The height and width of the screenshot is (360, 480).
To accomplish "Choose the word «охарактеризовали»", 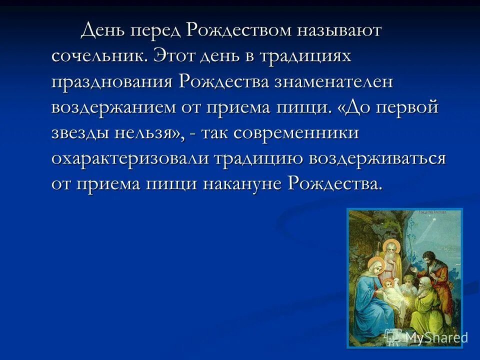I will [130, 158].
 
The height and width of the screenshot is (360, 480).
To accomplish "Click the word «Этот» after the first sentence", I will [174, 56].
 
